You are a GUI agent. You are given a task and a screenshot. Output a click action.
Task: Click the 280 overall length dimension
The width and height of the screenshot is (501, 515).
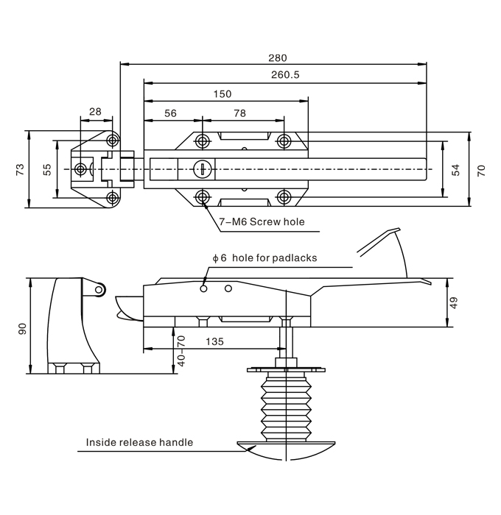click(x=278, y=57)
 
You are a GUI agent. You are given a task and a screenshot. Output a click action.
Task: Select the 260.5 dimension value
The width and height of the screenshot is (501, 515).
click(x=284, y=74)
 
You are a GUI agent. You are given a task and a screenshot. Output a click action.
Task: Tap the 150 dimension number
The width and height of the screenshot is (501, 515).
click(x=222, y=93)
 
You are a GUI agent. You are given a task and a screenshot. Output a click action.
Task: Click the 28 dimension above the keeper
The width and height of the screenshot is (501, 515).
click(x=95, y=111)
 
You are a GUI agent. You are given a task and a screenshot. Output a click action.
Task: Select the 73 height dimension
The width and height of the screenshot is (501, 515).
click(x=21, y=169)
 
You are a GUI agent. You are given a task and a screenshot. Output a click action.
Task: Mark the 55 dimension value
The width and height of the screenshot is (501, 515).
click(x=47, y=169)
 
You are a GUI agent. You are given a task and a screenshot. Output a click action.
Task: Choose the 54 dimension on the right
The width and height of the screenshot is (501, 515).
click(x=455, y=169)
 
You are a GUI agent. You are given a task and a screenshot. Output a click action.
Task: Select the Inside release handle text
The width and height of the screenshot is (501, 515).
click(x=139, y=442)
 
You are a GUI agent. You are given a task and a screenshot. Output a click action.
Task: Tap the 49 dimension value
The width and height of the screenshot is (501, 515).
click(x=454, y=302)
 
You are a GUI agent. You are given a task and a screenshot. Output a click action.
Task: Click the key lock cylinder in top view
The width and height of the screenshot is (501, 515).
click(x=201, y=169)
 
